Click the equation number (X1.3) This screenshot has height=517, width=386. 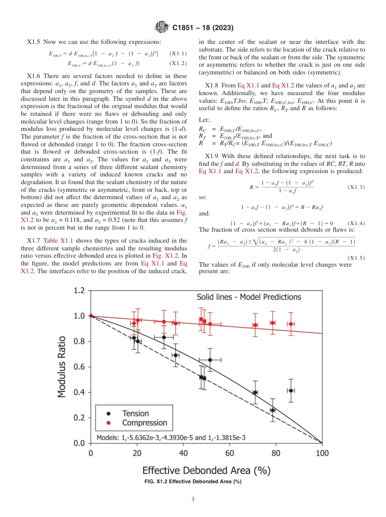click(356, 187)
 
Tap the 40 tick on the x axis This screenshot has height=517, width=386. click(183, 453)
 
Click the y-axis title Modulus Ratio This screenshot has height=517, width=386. click(62, 367)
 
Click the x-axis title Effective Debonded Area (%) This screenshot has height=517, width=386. click(206, 471)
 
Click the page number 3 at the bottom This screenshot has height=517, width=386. click(193, 499)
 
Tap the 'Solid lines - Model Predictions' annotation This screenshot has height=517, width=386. click(249, 297)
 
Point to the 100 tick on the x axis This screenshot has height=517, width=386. click(322, 453)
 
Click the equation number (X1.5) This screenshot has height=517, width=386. click(356, 257)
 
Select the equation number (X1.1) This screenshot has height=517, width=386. click(178, 53)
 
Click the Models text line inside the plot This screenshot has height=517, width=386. click(171, 438)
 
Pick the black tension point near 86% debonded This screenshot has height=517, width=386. click(291, 390)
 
